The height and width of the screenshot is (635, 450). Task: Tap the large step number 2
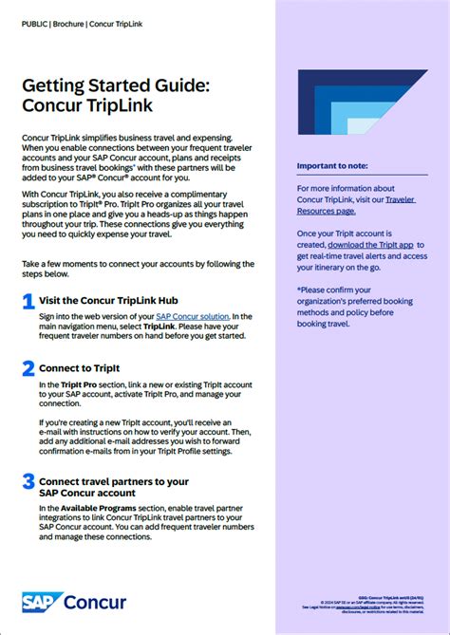point(28,368)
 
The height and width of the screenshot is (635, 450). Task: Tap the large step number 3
point(28,483)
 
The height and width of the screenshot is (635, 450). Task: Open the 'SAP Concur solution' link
point(193,316)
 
